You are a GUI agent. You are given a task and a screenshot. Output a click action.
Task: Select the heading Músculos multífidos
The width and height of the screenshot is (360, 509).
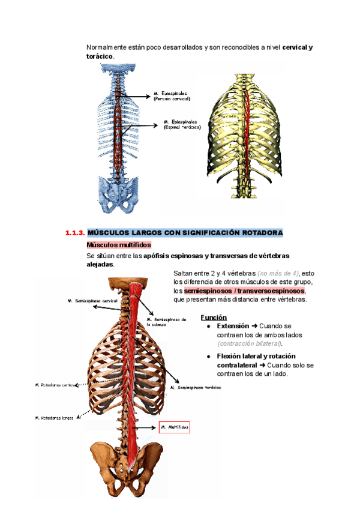click(119, 245)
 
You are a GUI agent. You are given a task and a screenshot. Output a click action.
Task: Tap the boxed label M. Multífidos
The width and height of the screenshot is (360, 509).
click(174, 427)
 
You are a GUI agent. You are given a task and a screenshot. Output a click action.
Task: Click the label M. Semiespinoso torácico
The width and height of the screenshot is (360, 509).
click(196, 388)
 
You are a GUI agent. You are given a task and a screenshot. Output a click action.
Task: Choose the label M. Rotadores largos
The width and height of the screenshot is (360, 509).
click(55, 418)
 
